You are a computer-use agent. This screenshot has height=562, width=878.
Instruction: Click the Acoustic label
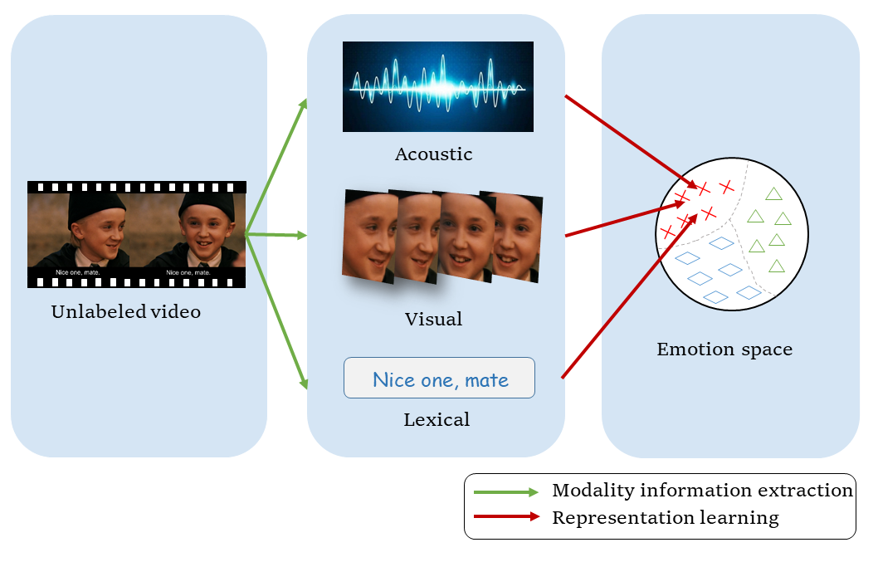433,154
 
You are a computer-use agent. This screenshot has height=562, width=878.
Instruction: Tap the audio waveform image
438,86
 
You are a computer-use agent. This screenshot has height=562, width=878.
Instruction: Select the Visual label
433,320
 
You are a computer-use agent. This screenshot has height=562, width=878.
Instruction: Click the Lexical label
437,420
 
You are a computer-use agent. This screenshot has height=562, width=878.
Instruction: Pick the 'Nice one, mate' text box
440,379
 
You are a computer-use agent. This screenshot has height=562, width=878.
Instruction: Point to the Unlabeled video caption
126,312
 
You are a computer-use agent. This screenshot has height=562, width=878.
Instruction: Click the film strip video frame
137,234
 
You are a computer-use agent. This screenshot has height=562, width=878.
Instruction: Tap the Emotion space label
724,349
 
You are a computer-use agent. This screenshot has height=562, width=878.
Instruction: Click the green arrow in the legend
506,492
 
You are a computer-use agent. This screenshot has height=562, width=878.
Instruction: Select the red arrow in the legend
506,518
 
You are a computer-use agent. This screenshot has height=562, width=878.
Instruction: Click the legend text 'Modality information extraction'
702,491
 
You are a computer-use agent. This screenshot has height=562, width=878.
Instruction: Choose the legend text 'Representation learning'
666,518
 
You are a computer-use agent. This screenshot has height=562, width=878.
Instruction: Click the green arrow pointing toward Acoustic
277,166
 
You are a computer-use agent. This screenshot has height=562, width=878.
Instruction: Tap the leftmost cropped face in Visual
368,236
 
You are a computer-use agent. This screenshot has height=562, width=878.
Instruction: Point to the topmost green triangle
773,194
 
